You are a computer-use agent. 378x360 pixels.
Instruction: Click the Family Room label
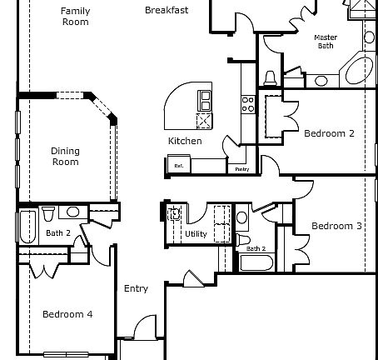click(76, 16)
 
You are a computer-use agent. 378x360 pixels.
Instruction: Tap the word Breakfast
click(166, 11)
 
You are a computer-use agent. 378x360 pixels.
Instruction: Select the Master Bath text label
click(325, 42)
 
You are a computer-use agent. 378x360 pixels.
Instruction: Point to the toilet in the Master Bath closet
click(270, 77)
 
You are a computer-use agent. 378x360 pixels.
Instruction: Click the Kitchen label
click(185, 141)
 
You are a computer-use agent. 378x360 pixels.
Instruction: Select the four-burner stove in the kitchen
click(247, 103)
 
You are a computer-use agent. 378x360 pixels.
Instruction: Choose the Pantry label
click(242, 169)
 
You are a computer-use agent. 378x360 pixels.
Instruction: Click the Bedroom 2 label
click(329, 133)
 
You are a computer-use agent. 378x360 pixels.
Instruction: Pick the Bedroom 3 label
click(336, 226)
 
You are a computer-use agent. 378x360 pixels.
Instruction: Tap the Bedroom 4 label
click(67, 314)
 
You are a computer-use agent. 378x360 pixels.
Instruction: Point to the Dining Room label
click(65, 156)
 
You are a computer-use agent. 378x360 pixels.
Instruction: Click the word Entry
click(136, 289)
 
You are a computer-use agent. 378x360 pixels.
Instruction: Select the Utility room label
click(196, 234)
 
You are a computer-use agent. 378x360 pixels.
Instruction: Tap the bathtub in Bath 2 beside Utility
click(254, 263)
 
